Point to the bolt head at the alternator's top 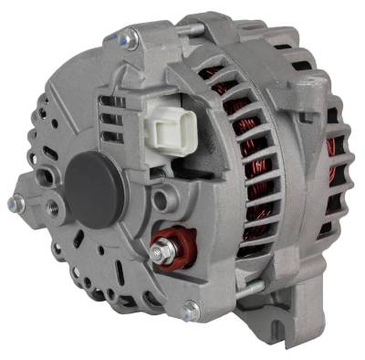pos(128,38)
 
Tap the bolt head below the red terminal pos(191,309)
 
